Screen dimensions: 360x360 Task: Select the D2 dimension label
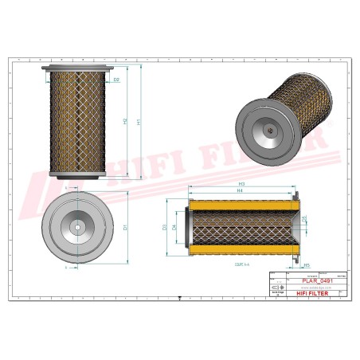point(116,80)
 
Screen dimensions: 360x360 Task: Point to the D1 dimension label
point(124,228)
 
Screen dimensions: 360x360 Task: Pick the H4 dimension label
point(239,191)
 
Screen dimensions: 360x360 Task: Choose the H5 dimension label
point(307,265)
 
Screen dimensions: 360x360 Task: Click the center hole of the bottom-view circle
point(76,228)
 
